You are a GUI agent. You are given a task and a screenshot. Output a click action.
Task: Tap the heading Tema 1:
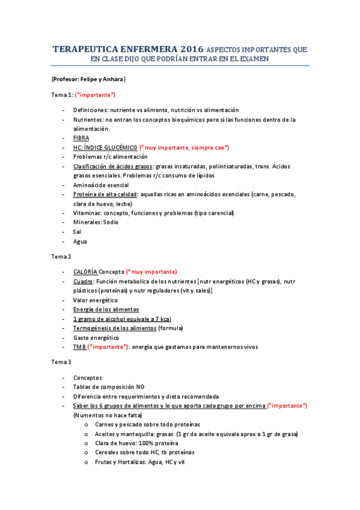62,95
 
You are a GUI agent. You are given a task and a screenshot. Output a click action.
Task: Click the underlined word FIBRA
81,138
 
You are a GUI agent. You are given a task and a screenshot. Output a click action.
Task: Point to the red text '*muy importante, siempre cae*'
184,147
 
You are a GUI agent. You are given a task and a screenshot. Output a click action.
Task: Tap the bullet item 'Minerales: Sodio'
96,222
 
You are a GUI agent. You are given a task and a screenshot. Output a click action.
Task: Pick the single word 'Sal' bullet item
77,232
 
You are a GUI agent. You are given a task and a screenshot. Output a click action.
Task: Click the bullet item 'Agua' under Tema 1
80,241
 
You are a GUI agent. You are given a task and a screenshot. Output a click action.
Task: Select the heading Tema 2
61,256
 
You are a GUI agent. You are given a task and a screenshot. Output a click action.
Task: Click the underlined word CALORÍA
85,272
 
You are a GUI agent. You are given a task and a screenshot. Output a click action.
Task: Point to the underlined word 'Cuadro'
83,281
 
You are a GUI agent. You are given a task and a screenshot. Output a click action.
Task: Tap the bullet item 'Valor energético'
96,300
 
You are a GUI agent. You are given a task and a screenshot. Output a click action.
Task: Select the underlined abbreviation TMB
79,346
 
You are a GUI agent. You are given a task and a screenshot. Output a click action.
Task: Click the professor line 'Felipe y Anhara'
88,79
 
